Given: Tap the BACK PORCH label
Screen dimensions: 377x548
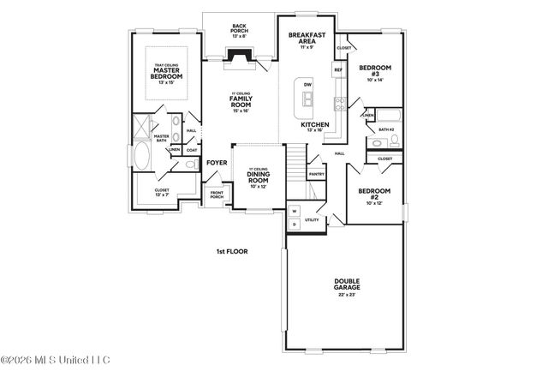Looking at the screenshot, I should [239, 28].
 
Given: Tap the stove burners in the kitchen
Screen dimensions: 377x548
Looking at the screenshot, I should [339, 105].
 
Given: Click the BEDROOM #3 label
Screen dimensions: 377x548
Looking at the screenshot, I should [375, 70].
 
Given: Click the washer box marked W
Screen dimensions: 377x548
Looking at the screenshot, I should [294, 210].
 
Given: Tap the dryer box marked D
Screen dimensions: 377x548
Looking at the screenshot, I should [294, 224].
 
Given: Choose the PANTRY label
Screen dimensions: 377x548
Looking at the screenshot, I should [316, 175].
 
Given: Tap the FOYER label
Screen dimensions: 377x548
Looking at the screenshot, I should [216, 160].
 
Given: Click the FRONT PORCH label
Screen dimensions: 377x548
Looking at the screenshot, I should [217, 195].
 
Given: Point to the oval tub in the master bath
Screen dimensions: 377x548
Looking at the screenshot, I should [141, 157].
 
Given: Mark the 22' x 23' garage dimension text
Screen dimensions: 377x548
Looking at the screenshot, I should [346, 296].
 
